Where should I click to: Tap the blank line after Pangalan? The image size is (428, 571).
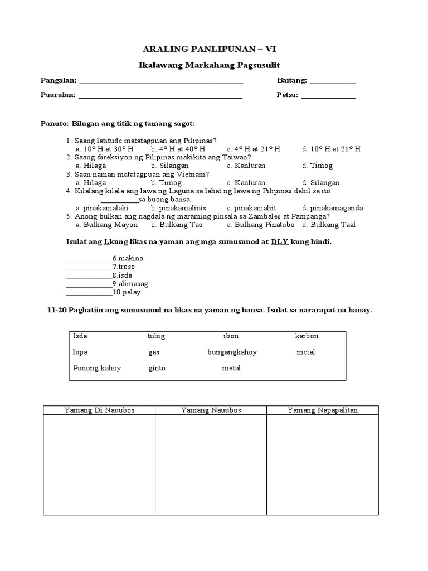click(x=161, y=82)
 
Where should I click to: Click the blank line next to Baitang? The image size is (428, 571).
click(x=333, y=82)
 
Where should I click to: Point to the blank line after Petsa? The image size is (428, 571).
click(x=328, y=96)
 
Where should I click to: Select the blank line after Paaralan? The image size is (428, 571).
click(x=160, y=96)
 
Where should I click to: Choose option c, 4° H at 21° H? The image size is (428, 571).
click(x=253, y=149)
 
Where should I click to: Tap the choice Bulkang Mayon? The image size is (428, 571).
click(x=106, y=225)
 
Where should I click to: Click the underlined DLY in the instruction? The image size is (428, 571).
click(x=279, y=242)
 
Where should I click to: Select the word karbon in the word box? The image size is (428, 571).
click(x=307, y=336)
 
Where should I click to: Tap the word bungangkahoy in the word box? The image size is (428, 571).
click(x=232, y=352)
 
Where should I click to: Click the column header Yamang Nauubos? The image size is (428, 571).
click(x=211, y=410)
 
